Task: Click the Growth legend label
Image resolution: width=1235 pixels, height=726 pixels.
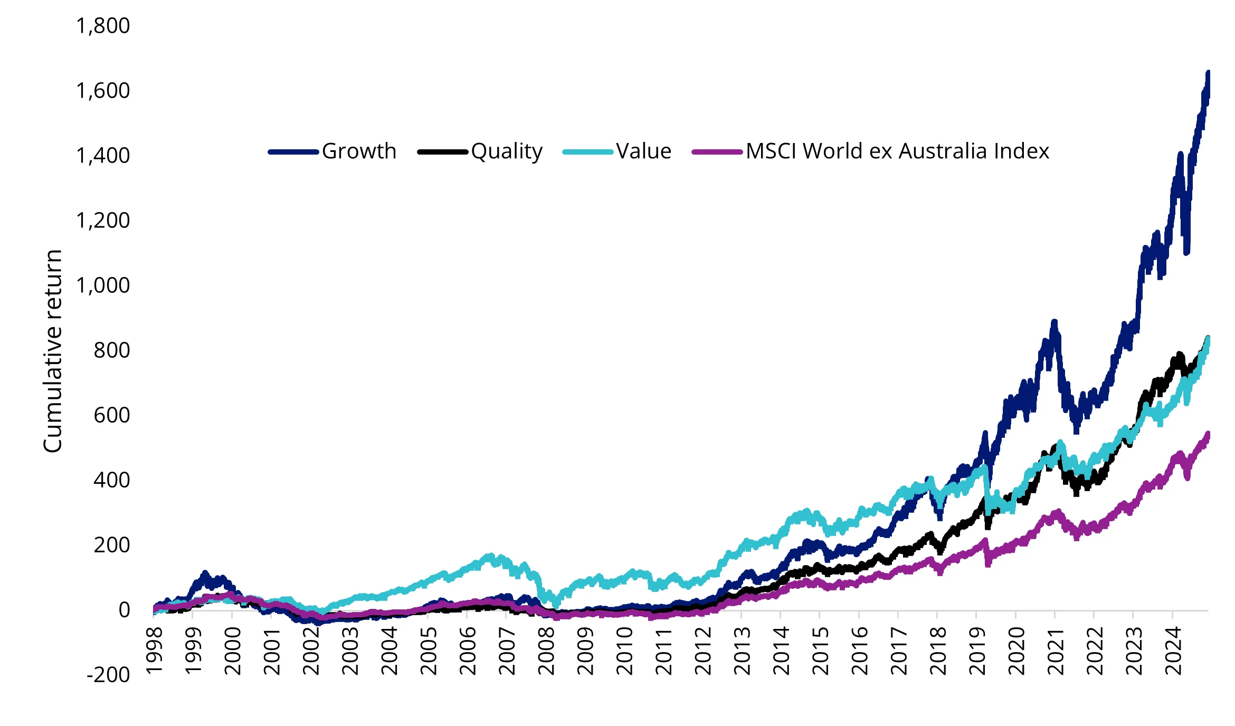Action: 359,151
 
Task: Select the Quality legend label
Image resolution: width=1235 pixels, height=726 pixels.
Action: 507,151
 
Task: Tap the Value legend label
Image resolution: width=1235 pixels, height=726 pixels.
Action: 643,151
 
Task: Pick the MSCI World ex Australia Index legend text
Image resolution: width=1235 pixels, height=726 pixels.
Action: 897,151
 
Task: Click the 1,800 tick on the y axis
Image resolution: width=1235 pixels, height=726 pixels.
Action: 103,26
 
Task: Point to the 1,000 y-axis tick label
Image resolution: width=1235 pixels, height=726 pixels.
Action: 103,285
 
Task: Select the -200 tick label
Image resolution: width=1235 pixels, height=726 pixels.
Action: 108,675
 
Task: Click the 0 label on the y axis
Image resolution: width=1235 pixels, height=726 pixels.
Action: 124,610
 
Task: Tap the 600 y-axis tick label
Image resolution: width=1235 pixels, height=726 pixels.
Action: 111,415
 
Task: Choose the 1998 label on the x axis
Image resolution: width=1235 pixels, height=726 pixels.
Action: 154,651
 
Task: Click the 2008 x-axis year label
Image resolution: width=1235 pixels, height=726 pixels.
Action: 546,651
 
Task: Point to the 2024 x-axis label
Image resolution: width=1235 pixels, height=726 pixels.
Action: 1173,651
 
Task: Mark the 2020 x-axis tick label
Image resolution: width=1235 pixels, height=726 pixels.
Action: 1016,651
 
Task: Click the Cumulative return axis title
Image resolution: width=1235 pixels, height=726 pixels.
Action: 53,351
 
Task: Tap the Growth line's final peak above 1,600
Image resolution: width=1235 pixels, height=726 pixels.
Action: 1208,73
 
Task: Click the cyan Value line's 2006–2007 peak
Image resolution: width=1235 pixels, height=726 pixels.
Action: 490,556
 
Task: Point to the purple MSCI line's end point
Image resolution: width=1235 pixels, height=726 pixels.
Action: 1208,434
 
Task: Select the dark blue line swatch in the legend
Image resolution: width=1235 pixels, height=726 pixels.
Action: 293,152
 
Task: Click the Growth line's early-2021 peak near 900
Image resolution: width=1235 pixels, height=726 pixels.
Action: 1054,322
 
